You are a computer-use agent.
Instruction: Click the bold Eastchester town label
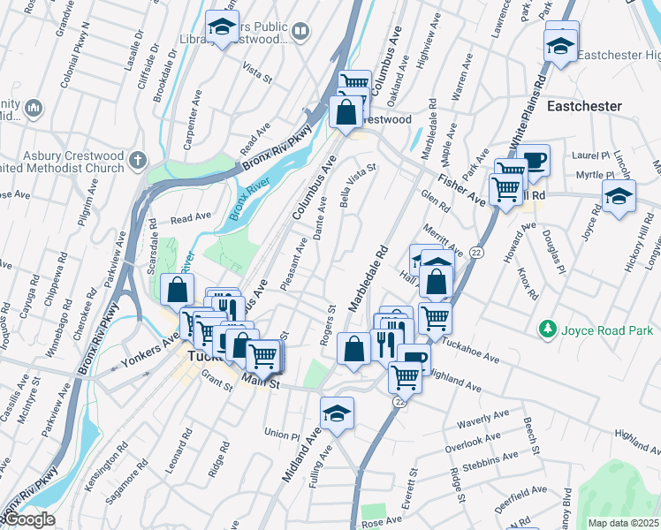pos(584,106)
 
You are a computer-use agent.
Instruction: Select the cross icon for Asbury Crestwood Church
pos(136,160)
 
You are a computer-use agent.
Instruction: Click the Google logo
pos(28,519)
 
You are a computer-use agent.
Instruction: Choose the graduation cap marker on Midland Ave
pos(337,414)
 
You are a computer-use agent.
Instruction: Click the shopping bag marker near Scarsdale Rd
pos(178,290)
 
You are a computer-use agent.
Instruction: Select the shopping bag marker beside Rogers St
pos(353,349)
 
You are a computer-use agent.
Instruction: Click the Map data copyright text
pos(623,523)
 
